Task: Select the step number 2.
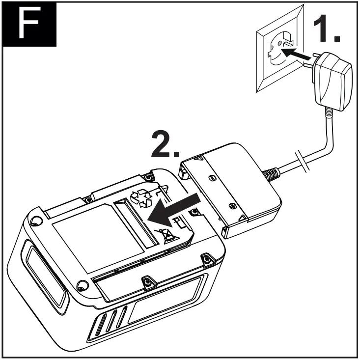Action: click(x=166, y=144)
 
